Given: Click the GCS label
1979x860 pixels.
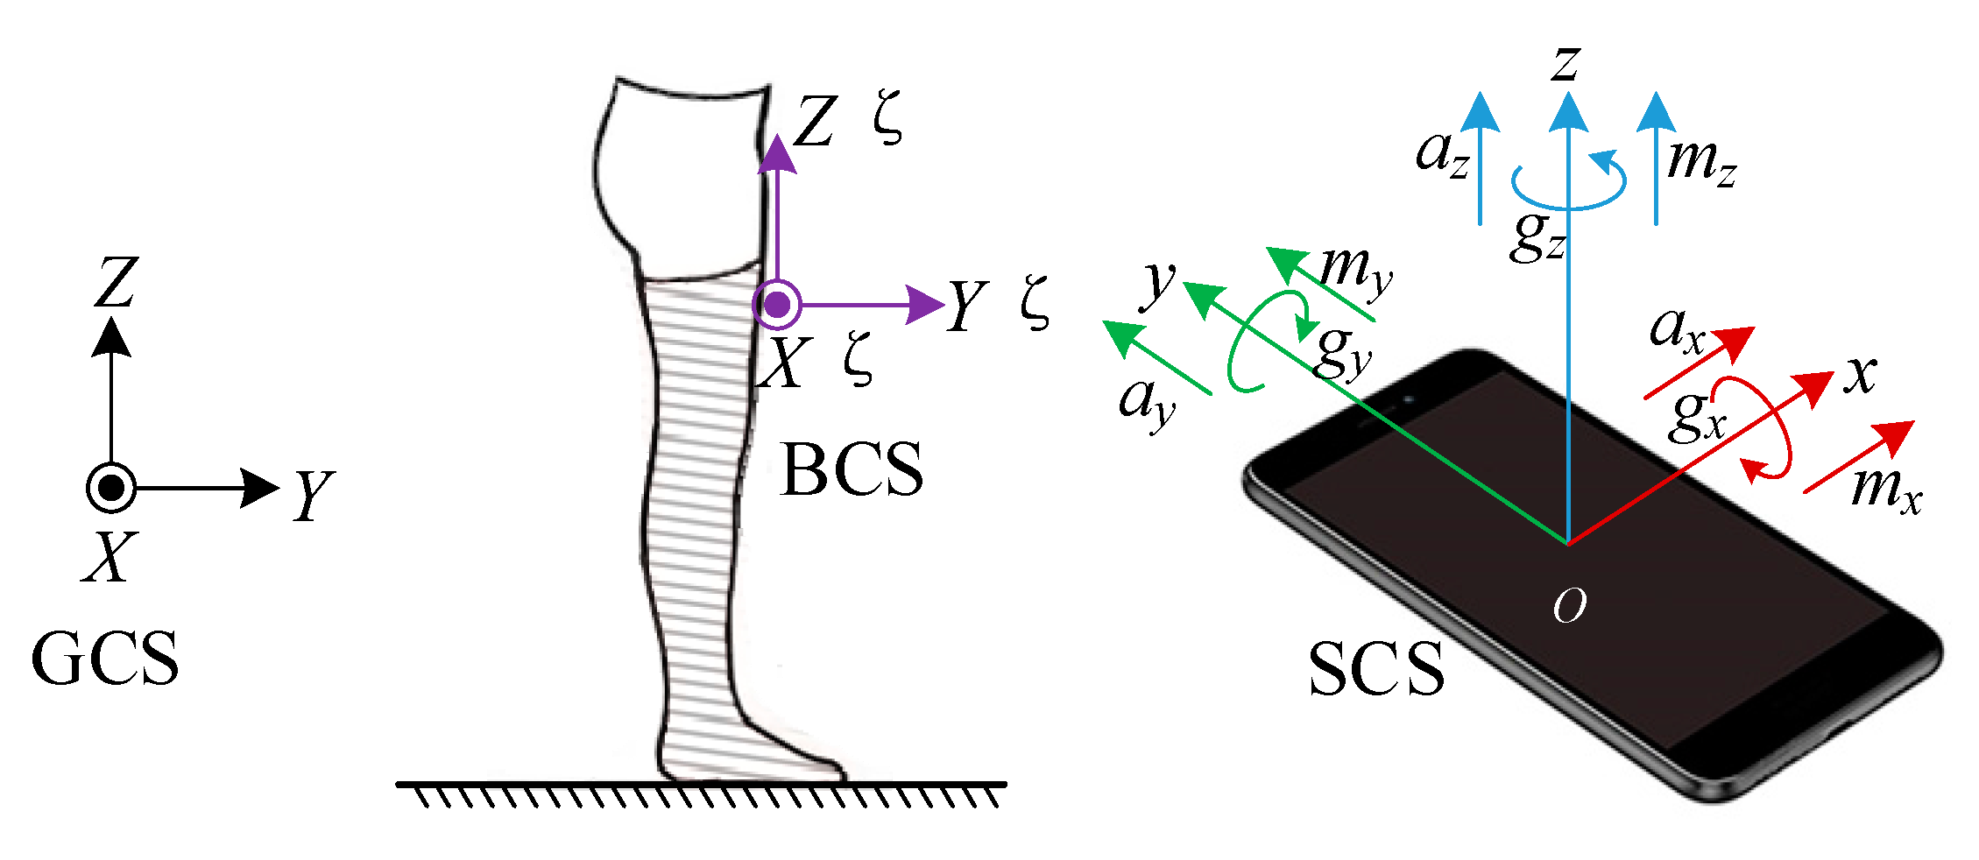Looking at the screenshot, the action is pyautogui.click(x=105, y=659).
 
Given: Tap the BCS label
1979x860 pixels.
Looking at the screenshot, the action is pyautogui.click(x=852, y=469).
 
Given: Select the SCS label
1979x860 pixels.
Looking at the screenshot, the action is pyautogui.click(x=1376, y=669).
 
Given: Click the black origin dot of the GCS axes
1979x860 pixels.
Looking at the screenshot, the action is pyautogui.click(x=111, y=488).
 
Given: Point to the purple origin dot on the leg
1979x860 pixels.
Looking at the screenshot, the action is pyautogui.click(x=777, y=305).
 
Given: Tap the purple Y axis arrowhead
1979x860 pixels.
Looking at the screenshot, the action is pyautogui.click(x=925, y=305).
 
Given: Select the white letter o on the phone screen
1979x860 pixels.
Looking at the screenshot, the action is pyautogui.click(x=1569, y=605).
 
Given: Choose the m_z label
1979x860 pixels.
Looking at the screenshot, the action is pyautogui.click(x=1700, y=163).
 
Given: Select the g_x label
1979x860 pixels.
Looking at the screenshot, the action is pyautogui.click(x=1698, y=416).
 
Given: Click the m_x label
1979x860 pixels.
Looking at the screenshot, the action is pyautogui.click(x=1886, y=488).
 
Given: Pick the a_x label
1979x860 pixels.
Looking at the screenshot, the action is pyautogui.click(x=1676, y=331).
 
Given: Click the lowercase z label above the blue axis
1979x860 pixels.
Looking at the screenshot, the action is pyautogui.click(x=1566, y=63).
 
